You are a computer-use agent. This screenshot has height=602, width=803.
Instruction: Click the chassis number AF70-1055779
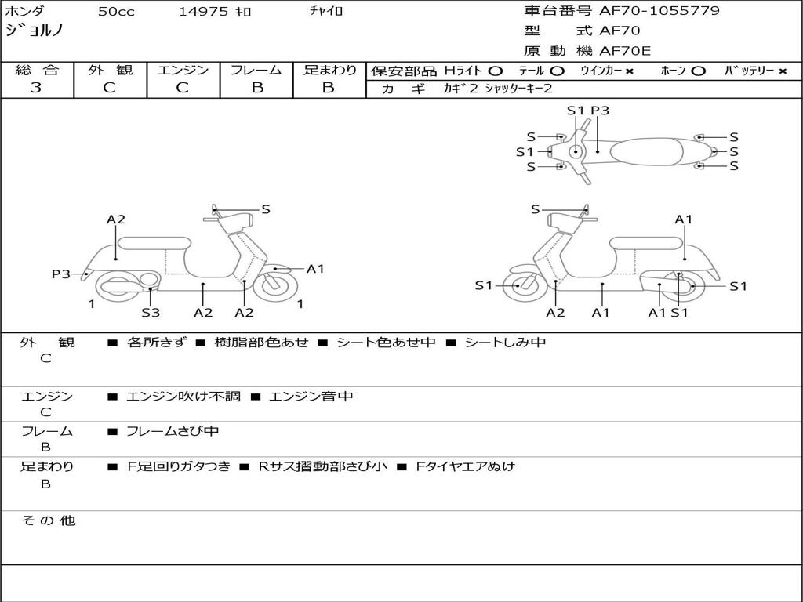659,10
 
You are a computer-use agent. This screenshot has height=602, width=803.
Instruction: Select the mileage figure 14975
203,11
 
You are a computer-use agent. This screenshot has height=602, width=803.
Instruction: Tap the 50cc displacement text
116,11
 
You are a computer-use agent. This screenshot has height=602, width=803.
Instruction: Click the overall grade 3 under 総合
36,87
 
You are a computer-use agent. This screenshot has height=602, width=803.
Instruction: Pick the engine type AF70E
625,51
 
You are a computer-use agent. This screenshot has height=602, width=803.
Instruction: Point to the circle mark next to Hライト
496,71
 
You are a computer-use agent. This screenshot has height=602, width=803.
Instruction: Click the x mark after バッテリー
783,71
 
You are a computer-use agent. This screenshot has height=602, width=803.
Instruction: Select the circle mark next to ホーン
698,71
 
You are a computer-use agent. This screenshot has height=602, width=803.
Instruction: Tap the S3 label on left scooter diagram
151,312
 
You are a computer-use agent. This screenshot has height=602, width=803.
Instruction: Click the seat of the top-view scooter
646,152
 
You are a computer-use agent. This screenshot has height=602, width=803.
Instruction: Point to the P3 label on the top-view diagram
600,110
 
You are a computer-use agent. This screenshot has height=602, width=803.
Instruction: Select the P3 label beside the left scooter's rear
61,274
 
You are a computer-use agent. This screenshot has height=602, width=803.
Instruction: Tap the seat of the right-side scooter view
646,243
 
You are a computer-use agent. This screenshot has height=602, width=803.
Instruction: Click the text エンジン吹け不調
183,396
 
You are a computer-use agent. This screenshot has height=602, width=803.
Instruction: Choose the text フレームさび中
173,431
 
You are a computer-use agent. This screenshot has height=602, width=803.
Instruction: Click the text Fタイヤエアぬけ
465,466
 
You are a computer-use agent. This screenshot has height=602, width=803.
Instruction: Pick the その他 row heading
49,520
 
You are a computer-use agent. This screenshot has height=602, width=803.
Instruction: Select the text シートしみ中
505,342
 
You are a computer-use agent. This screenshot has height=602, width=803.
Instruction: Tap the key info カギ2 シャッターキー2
498,89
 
